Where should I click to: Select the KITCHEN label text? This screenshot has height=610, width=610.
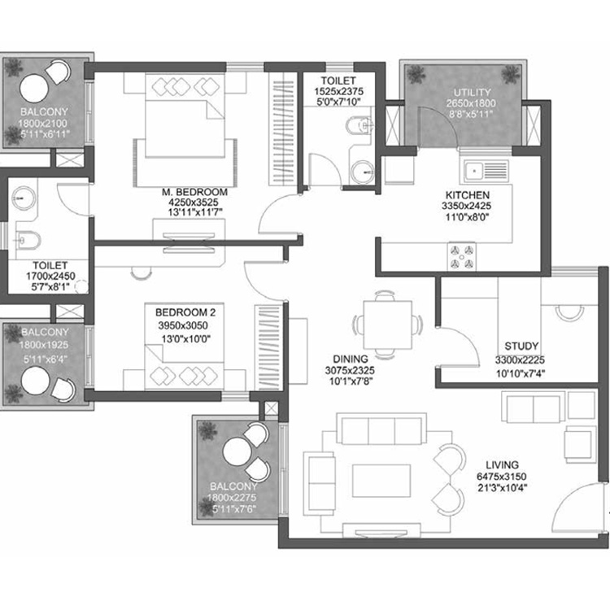[x=467, y=195]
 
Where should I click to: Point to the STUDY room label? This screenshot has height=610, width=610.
[x=519, y=345]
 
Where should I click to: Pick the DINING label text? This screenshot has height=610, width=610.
[x=351, y=359]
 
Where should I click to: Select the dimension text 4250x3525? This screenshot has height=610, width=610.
[x=194, y=203]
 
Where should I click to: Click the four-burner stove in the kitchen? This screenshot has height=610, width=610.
[x=460, y=256]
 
